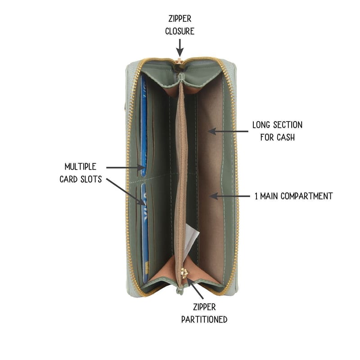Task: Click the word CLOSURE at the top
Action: coord(180,31)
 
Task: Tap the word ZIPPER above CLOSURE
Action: coord(180,18)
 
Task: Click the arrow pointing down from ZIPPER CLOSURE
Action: coord(180,48)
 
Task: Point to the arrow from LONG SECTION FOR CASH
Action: coord(228,131)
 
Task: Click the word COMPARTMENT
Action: coord(306,196)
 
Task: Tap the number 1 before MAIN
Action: coord(256,196)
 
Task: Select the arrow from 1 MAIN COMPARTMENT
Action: coord(229,196)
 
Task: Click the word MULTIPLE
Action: coord(81,166)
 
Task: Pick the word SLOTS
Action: coord(91,179)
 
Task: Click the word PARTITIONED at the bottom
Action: coord(204,319)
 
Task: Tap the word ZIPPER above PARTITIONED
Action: coord(204,307)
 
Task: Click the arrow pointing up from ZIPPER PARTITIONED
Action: coord(195,288)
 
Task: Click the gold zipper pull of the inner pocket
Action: coord(184,273)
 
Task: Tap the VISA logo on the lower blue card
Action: coord(144,207)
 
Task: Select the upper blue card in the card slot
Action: coord(144,126)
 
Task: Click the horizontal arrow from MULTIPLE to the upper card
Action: coord(126,167)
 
